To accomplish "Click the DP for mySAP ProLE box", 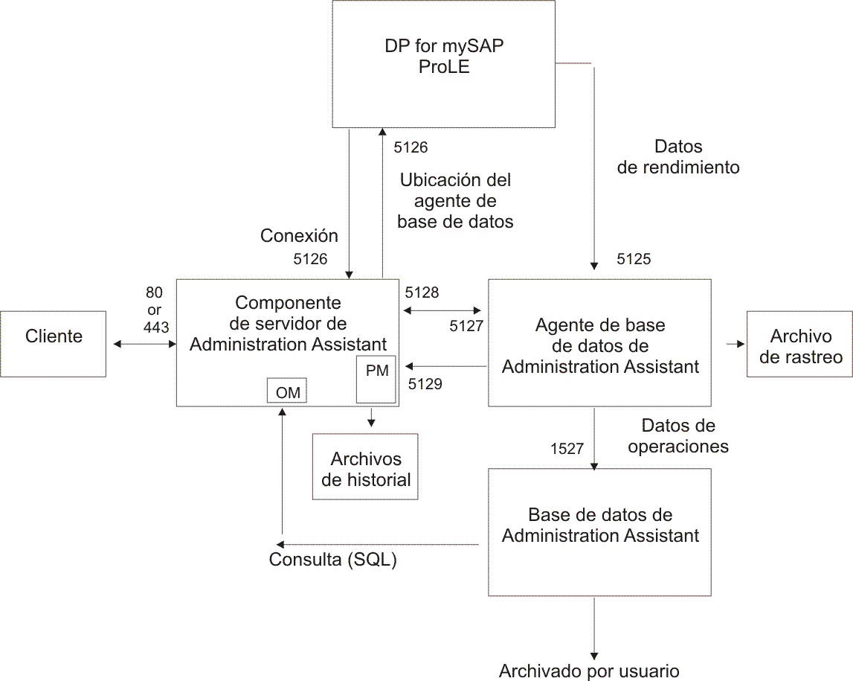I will pyautogui.click(x=443, y=63).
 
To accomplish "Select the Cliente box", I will pyautogui.click(x=54, y=343).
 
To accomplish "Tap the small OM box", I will pyautogui.click(x=287, y=391).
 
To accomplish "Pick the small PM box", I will pyautogui.click(x=377, y=379).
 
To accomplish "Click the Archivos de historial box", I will pyautogui.click(x=366, y=467).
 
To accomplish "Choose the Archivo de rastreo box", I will pyautogui.click(x=800, y=344).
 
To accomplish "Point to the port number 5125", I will pyautogui.click(x=634, y=259).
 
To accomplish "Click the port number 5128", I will pyautogui.click(x=422, y=292).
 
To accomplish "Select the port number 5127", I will pyautogui.click(x=466, y=325).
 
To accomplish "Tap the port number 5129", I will pyautogui.click(x=425, y=384).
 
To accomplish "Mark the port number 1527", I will pyautogui.click(x=567, y=449).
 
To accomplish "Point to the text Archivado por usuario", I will pyautogui.click(x=589, y=671).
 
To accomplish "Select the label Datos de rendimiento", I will pyautogui.click(x=678, y=157).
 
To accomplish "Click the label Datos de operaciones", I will pyautogui.click(x=678, y=436).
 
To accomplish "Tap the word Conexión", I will pyautogui.click(x=299, y=236).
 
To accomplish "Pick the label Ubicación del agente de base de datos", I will pyautogui.click(x=455, y=201).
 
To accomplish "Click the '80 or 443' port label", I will pyautogui.click(x=155, y=310).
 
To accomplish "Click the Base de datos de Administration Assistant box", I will pyautogui.click(x=599, y=531).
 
